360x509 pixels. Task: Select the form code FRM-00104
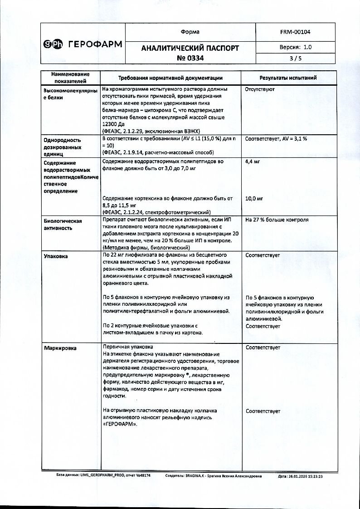295,32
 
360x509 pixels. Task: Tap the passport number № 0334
190,58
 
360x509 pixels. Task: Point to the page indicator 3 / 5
295,58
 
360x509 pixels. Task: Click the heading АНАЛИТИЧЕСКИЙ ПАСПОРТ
190,48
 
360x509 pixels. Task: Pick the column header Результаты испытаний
288,78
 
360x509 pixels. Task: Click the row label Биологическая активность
63,225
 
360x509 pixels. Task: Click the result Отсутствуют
260,89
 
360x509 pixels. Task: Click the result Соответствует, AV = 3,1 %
276,138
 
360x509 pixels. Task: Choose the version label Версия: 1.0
295,47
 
